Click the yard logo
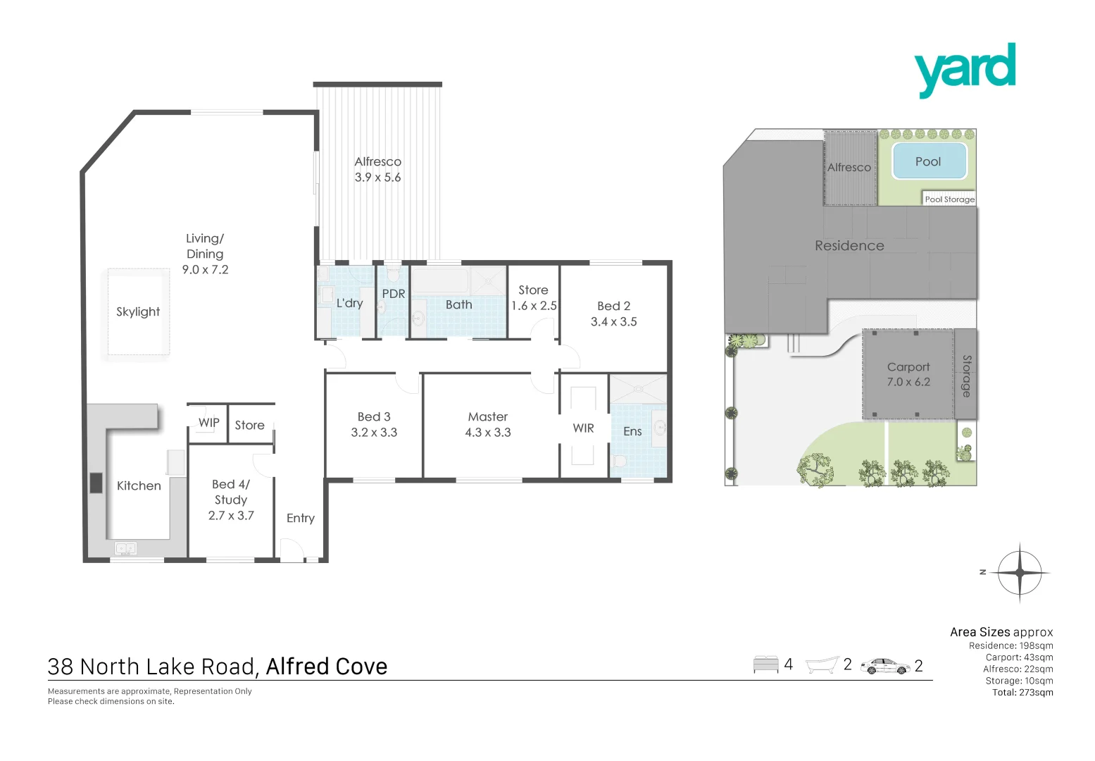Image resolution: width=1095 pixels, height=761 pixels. click(x=965, y=70)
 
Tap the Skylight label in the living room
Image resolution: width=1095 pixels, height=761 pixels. click(x=138, y=311)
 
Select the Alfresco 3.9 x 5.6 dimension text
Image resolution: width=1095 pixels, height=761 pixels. click(x=378, y=178)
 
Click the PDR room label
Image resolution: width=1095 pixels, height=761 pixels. click(x=394, y=294)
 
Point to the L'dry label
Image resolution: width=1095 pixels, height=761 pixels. click(x=349, y=303)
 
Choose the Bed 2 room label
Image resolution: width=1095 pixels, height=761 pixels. click(x=613, y=306)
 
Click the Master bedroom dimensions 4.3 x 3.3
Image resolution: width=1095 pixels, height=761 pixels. click(x=488, y=433)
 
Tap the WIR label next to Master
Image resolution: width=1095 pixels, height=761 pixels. click(x=583, y=428)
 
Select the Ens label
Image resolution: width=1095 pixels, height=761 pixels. click(x=632, y=431)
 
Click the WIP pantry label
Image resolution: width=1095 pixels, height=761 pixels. click(x=208, y=423)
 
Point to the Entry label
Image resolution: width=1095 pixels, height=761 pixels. click(x=301, y=518)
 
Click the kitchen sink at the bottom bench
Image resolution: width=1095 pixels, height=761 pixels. click(x=126, y=548)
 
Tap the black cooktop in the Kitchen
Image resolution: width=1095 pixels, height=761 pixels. click(x=96, y=483)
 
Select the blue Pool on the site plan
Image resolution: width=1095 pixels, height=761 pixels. click(x=929, y=161)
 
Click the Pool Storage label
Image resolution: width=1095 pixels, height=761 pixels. click(x=949, y=199)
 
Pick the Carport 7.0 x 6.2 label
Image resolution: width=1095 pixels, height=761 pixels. click(x=908, y=374)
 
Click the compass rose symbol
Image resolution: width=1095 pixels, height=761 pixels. click(x=1020, y=572)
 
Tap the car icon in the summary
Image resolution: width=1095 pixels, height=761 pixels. click(x=885, y=665)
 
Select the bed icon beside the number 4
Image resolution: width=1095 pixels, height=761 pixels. click(x=765, y=664)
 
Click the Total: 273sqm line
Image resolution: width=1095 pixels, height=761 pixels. click(x=1022, y=693)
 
